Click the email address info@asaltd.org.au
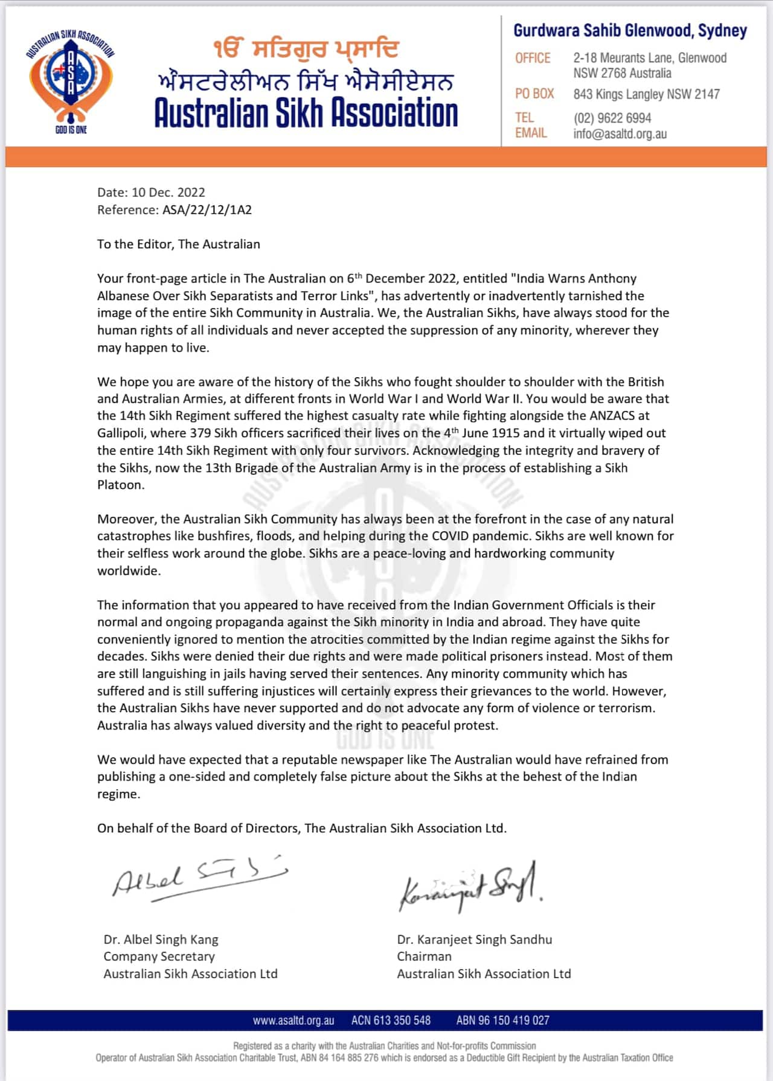click(620, 134)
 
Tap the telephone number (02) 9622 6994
click(612, 118)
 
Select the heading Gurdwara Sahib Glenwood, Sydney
click(630, 31)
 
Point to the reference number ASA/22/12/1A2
click(207, 210)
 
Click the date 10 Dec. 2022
click(168, 193)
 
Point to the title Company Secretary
click(159, 957)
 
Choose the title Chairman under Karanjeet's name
click(424, 957)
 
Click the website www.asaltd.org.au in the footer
click(293, 1021)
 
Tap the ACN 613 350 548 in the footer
click(391, 1021)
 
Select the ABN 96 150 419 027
click(502, 1021)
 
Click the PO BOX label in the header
click(534, 94)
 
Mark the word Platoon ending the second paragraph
click(120, 485)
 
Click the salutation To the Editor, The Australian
click(178, 244)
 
